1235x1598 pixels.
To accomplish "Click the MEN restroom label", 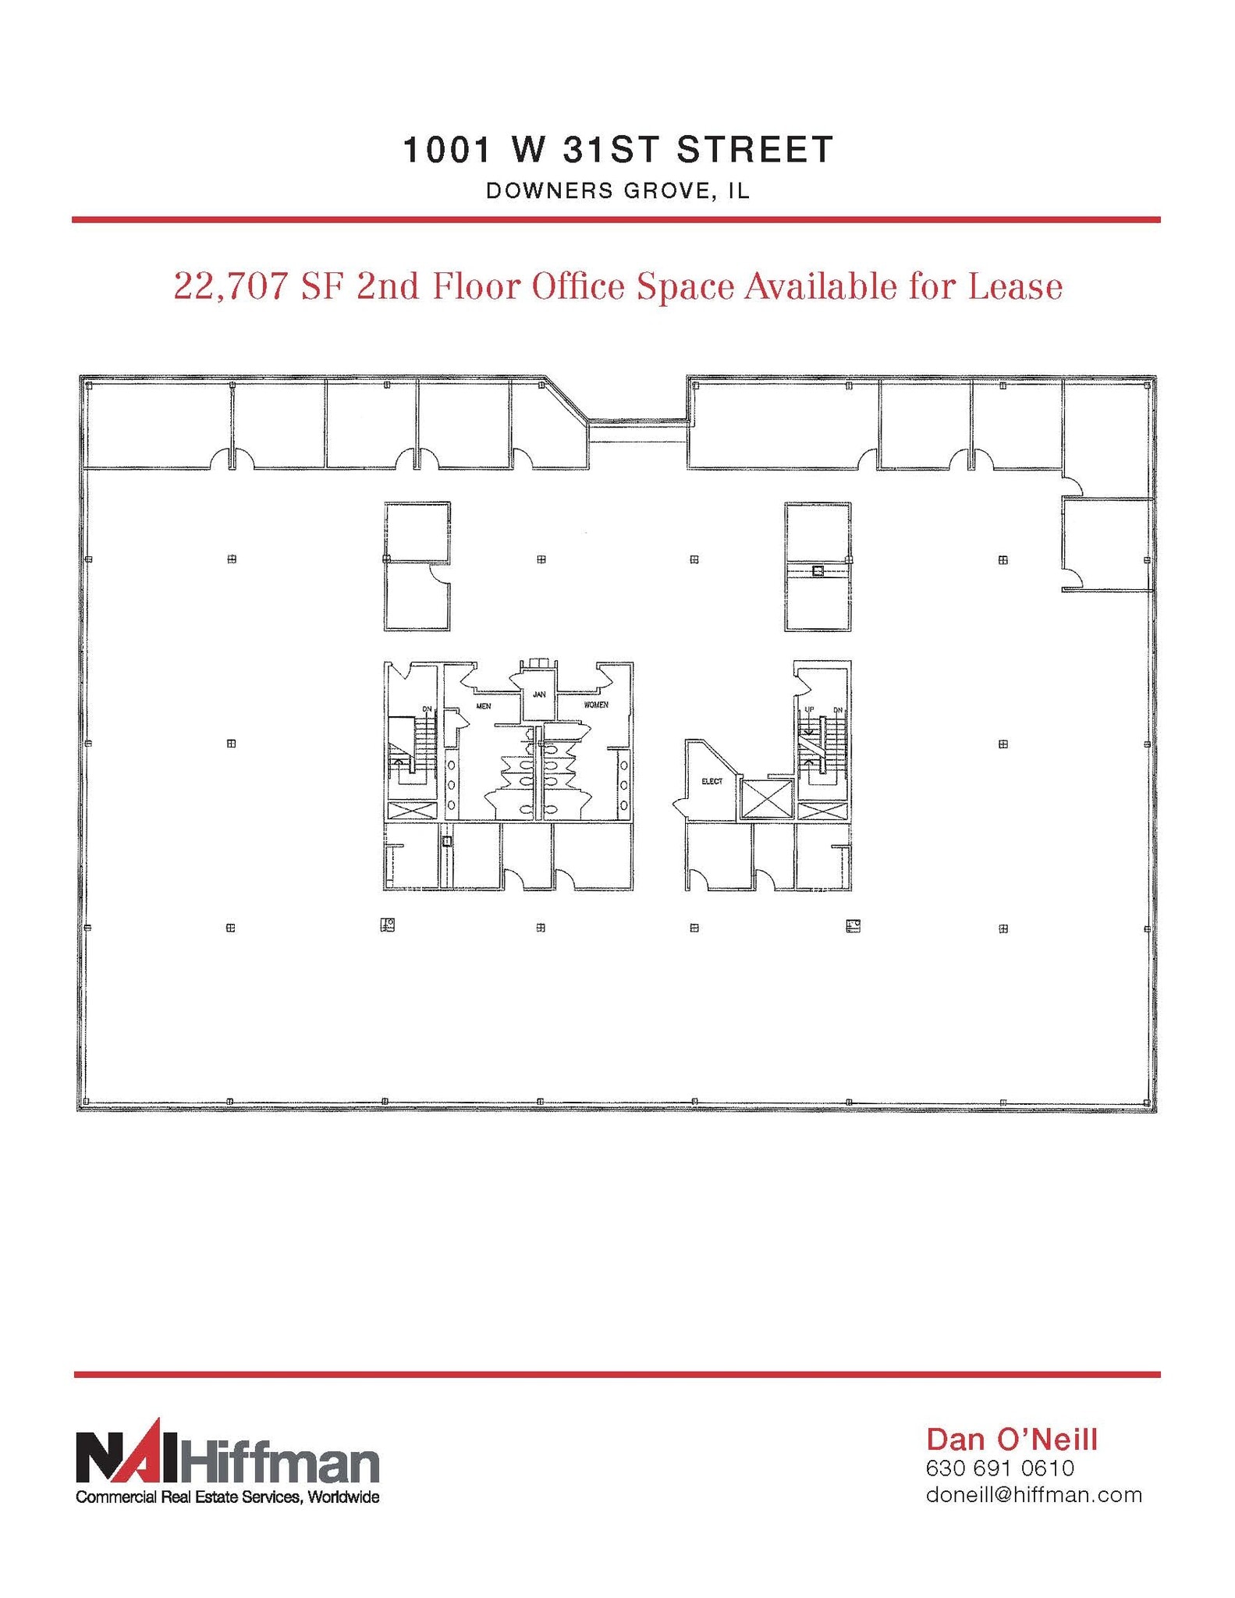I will click(484, 706).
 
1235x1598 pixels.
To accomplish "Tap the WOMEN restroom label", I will click(596, 705).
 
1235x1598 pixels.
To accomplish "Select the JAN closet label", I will click(539, 694).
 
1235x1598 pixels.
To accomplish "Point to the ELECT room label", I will click(712, 781).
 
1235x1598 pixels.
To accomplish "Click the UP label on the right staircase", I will click(809, 709).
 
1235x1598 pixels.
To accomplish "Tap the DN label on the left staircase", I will click(427, 708).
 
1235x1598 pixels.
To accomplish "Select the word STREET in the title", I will click(755, 149).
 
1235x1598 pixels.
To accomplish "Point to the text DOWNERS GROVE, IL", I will click(617, 191).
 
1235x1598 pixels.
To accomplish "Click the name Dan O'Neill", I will click(1012, 1440).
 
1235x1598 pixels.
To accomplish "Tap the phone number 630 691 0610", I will click(999, 1468).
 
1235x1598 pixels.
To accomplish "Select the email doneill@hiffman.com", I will click(1034, 1495).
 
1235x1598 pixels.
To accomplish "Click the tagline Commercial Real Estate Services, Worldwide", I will click(227, 1497).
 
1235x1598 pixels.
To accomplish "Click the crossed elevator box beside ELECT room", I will click(765, 798).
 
